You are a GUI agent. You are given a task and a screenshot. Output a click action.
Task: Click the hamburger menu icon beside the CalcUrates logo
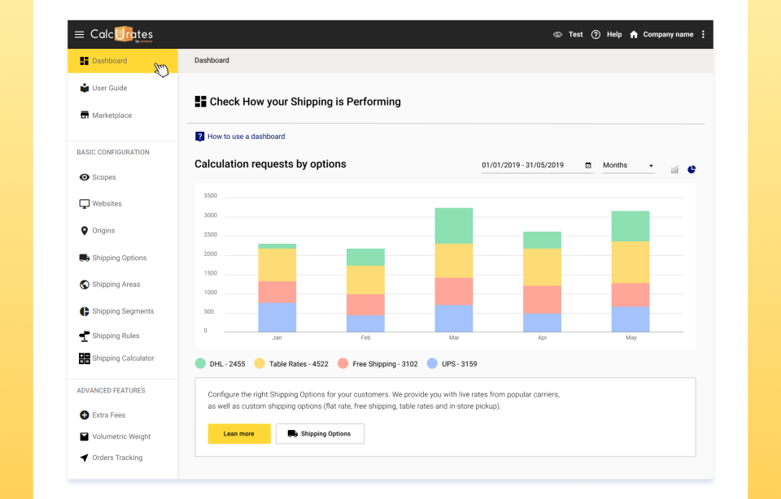pyautogui.click(x=79, y=34)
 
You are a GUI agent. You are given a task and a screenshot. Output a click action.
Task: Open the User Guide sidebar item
pyautogui.click(x=109, y=88)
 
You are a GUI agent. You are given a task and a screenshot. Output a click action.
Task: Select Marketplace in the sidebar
pyautogui.click(x=111, y=115)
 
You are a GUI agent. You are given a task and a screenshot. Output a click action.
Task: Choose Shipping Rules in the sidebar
pyautogui.click(x=116, y=336)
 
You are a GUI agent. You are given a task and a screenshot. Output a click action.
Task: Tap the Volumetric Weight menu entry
pyautogui.click(x=121, y=436)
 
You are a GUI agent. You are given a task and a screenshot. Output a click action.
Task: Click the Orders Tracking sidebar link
pyautogui.click(x=117, y=458)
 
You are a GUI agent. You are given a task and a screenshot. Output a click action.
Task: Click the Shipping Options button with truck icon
pyautogui.click(x=320, y=434)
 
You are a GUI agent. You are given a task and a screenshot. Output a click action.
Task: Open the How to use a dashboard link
pyautogui.click(x=246, y=137)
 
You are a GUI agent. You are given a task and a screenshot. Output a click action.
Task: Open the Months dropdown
pyautogui.click(x=628, y=165)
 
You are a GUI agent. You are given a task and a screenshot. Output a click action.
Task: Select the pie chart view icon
pyautogui.click(x=692, y=169)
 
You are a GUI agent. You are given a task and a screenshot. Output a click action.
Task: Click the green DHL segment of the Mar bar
pyautogui.click(x=453, y=226)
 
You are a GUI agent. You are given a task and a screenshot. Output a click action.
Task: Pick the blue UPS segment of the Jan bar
pyautogui.click(x=277, y=317)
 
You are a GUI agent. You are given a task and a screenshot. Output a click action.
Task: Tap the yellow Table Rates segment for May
pyautogui.click(x=630, y=262)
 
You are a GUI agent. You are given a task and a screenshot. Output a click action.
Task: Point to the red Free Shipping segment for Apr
pyautogui.click(x=542, y=299)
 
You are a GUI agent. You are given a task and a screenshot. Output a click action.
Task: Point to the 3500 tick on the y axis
pyautogui.click(x=210, y=196)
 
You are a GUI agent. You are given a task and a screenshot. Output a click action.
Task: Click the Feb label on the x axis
pyautogui.click(x=365, y=337)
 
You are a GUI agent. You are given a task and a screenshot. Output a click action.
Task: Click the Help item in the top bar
pyautogui.click(x=607, y=34)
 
